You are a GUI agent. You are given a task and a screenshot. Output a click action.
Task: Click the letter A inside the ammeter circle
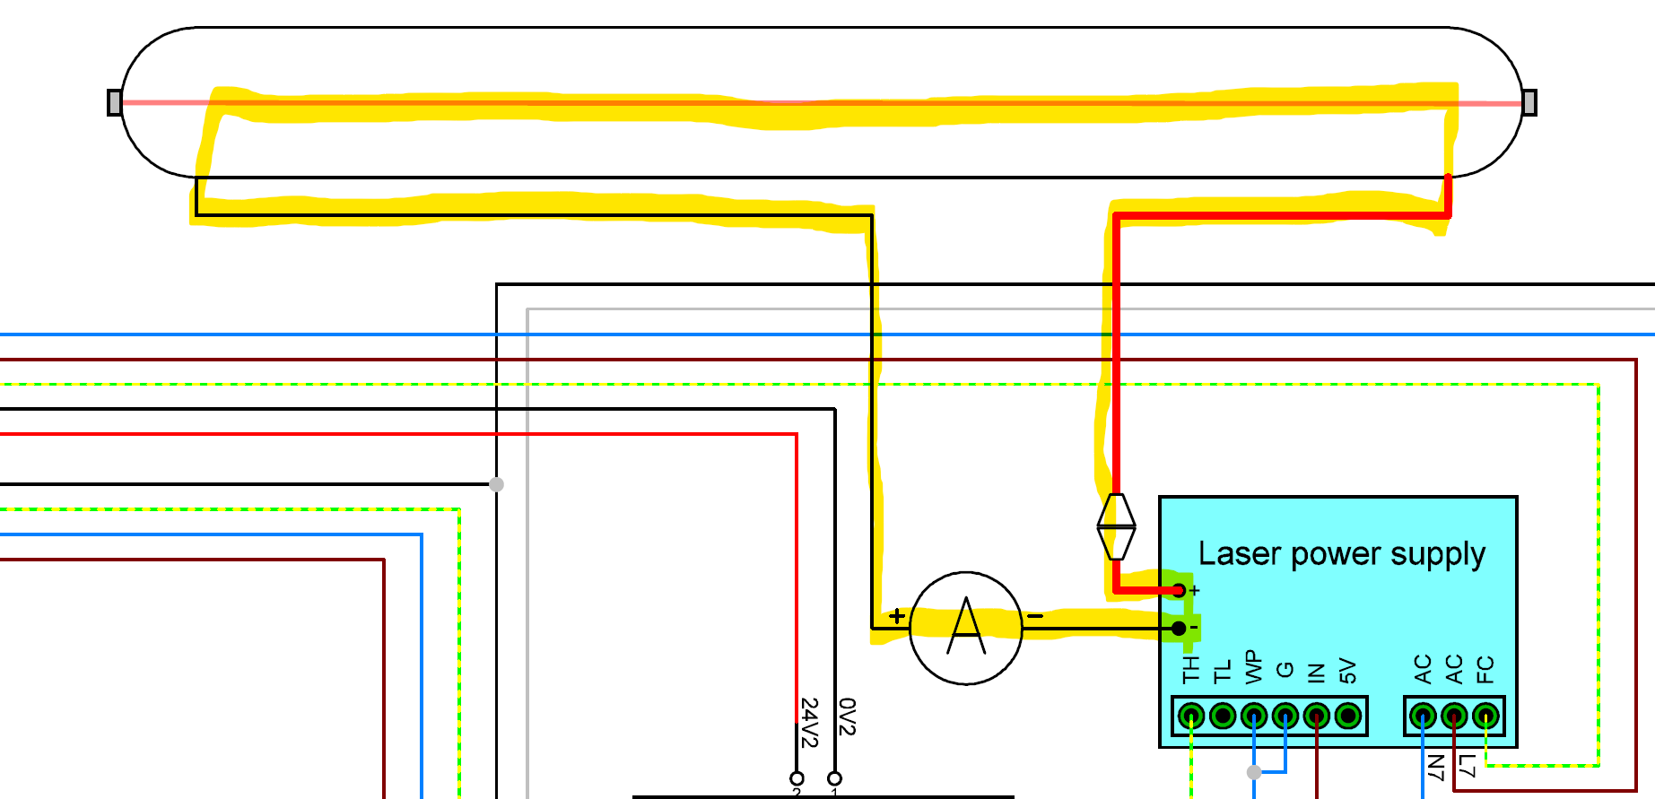966,627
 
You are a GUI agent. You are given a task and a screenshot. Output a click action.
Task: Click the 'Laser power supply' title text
1341,553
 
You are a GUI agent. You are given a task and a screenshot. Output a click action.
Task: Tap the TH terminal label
1190,669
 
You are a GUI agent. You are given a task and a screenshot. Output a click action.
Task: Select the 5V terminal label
1347,670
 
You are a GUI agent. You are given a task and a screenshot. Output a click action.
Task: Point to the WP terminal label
1253,668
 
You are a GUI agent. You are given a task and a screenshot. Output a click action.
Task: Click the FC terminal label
1485,669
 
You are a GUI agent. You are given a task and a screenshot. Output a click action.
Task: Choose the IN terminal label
1316,673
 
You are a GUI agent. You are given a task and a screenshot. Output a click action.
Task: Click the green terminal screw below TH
1191,716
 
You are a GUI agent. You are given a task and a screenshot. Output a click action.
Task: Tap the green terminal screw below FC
1485,716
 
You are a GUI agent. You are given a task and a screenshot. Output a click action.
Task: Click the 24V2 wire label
809,723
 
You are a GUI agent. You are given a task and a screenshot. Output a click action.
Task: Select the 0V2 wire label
847,717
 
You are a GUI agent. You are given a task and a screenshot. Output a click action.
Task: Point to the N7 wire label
1435,768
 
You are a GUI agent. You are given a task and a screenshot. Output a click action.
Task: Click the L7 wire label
1467,766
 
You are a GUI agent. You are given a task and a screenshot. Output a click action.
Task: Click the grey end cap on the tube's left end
114,102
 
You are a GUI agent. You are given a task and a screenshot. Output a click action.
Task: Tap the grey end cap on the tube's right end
1529,102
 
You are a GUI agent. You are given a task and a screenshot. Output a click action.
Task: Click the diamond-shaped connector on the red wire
1117,526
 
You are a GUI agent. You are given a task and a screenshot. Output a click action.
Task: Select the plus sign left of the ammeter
896,615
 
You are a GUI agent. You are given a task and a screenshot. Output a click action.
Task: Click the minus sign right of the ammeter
1035,616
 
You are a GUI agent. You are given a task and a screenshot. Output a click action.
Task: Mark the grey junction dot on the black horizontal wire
496,484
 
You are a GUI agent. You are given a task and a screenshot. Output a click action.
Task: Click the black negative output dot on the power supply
1179,629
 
